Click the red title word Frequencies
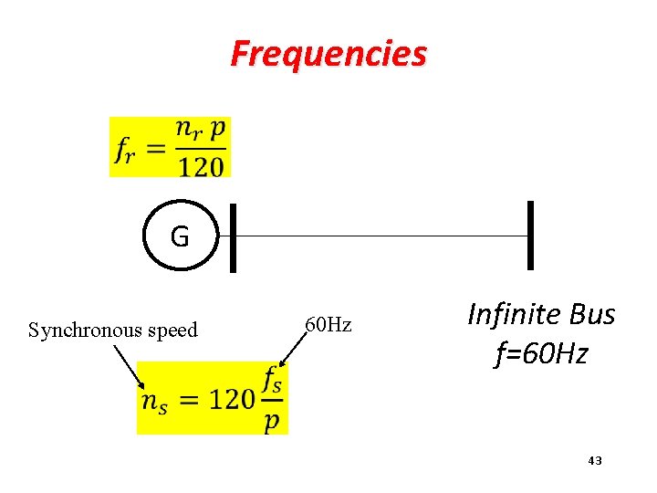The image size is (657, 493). coord(328,54)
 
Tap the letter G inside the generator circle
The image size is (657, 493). coord(180,237)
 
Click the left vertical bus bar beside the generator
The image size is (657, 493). coord(233,237)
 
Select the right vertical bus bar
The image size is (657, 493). coord(530,236)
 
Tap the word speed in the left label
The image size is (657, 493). coord(172,330)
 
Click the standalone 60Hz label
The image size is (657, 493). coord(328,324)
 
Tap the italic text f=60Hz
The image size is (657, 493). coord(541,353)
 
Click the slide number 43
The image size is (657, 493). coord(595,461)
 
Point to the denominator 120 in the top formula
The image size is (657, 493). coord(202,166)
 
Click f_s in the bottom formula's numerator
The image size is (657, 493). coord(272,380)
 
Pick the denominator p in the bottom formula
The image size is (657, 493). coord(272,421)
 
